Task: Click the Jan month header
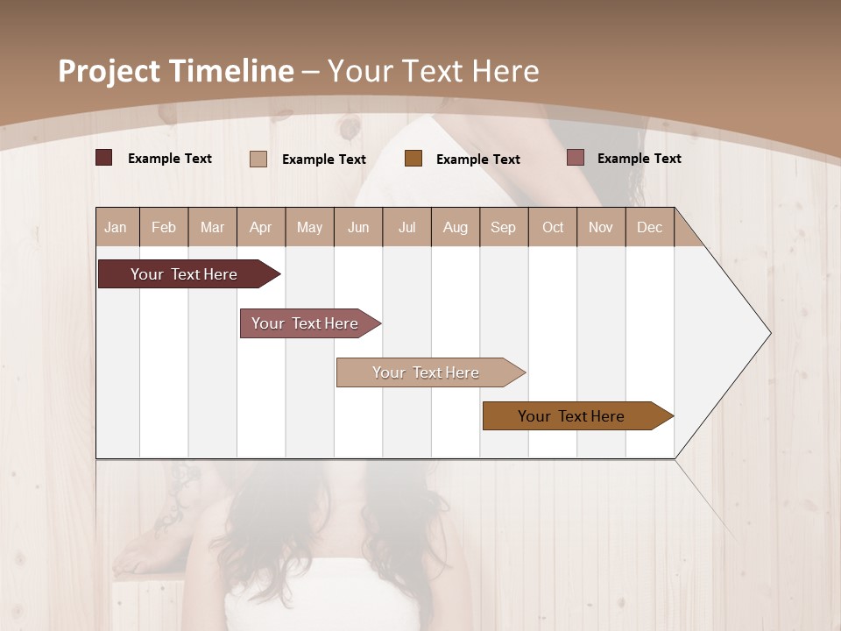coord(116,227)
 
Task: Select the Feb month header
coord(164,227)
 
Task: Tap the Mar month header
coord(212,227)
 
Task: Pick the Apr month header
coord(260,227)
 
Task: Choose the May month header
coord(309,227)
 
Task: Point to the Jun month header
coord(358,227)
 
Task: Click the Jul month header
coord(406,227)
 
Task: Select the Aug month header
coord(455,227)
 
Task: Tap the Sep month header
coord(503,227)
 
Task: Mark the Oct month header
coord(553,227)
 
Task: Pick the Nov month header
coord(601,227)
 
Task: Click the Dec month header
coord(649,227)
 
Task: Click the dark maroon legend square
coord(104,158)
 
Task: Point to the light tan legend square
coord(258,159)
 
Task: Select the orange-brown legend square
coord(413,159)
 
